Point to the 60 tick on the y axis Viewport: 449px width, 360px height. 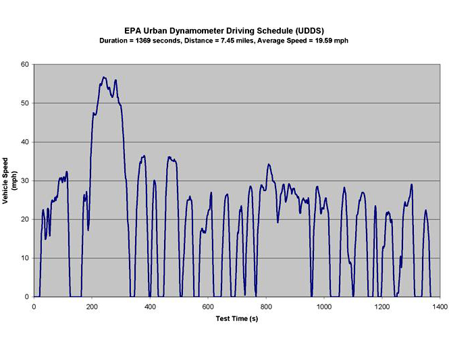tap(25, 64)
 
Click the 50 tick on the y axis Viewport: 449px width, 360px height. tap(25, 103)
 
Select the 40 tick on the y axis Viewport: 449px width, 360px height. tap(25, 142)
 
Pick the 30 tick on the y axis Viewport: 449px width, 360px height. tap(25, 180)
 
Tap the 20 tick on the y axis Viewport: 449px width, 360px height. tap(25, 220)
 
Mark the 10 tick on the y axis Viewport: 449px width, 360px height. tap(25, 258)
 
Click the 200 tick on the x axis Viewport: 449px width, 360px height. tap(92, 307)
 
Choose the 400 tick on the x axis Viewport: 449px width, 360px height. tap(150, 307)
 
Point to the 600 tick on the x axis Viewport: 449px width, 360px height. tap(208, 307)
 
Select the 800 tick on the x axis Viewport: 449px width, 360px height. tap(266, 307)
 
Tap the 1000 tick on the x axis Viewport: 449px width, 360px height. tap(324, 307)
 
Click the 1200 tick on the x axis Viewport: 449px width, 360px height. tap(382, 307)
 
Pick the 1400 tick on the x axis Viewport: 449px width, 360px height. tap(440, 307)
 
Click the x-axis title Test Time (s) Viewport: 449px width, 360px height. tap(236, 318)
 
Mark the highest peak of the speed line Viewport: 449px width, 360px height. tap(104, 77)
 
